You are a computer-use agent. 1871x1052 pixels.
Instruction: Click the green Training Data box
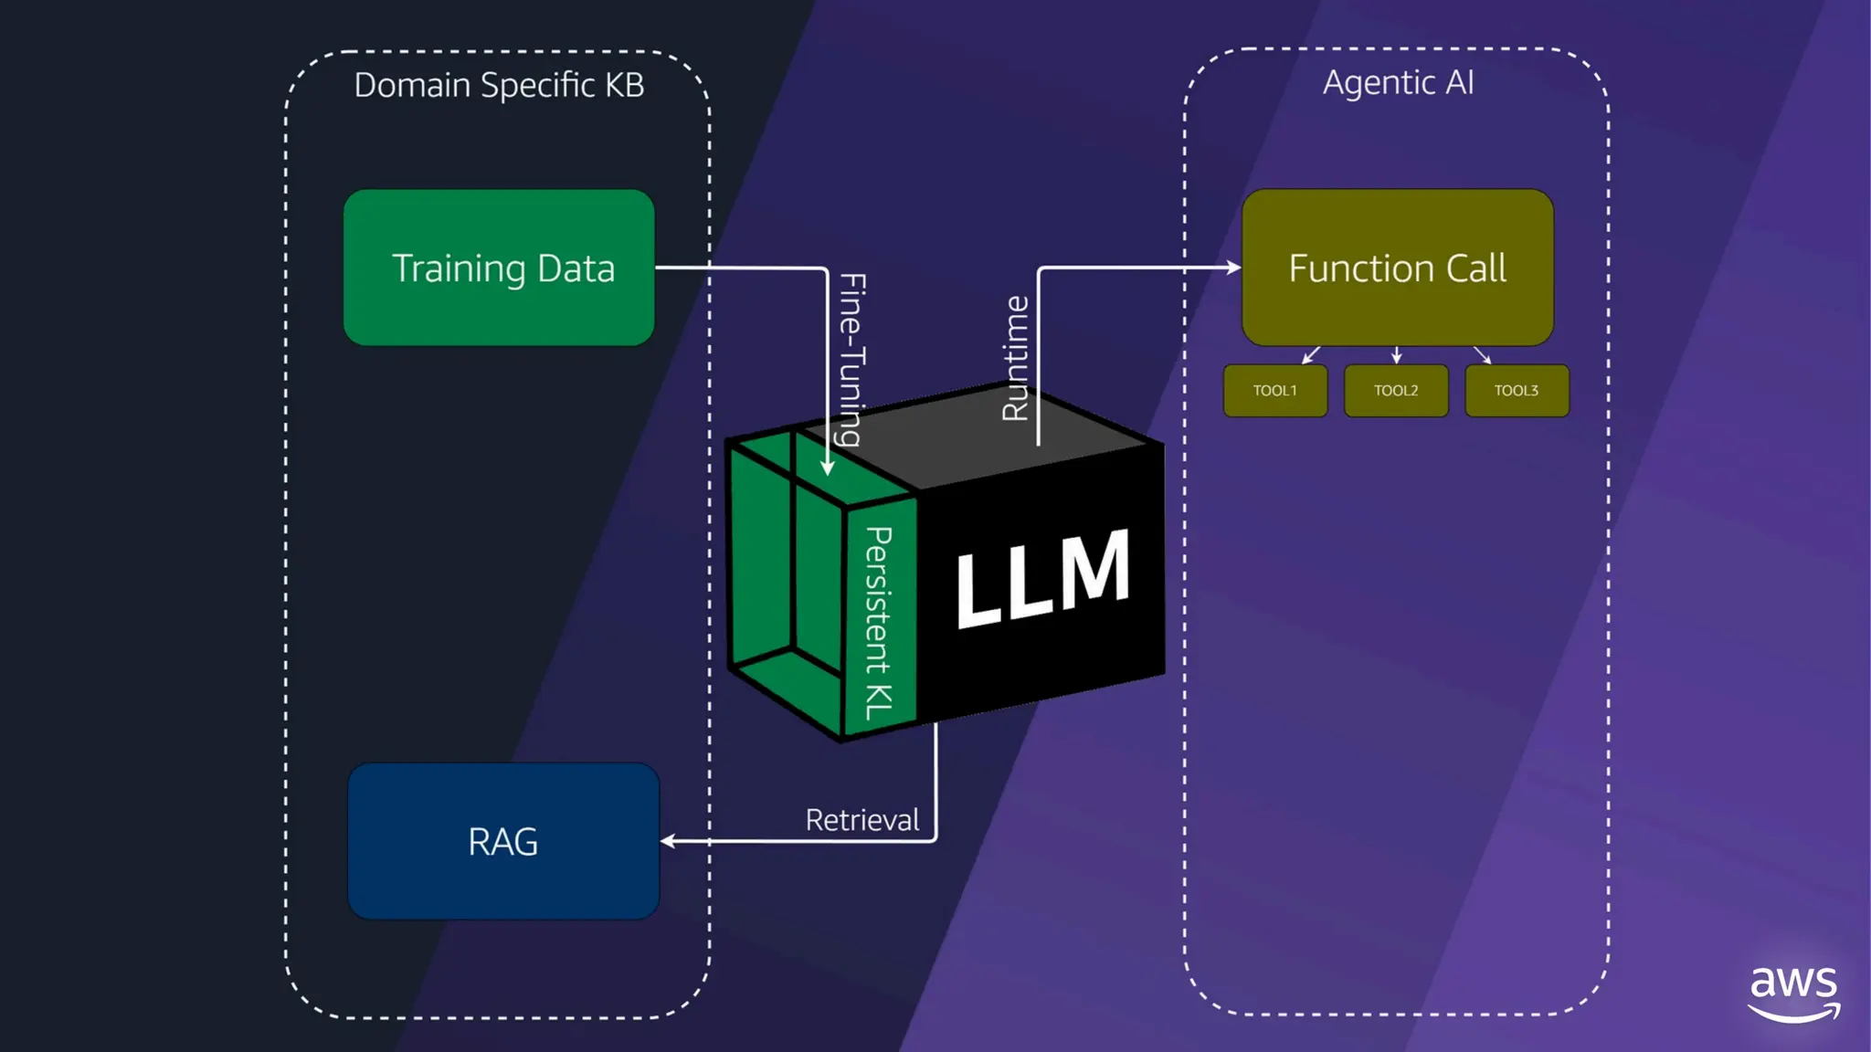499,268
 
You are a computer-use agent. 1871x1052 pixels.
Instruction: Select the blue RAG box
503,841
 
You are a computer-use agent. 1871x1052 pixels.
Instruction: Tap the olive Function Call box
1398,268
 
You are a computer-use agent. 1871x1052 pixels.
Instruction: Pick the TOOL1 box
1275,391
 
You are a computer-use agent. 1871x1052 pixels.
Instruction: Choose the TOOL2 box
1396,391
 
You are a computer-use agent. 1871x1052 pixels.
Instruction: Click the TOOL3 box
1517,391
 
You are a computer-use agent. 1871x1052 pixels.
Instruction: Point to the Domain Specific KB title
499,85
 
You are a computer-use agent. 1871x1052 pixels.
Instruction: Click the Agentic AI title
1398,83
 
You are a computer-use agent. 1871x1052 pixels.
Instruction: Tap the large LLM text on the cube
1042,578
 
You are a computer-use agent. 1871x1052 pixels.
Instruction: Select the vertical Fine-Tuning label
851,360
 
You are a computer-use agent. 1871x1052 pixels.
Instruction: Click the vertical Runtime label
1015,358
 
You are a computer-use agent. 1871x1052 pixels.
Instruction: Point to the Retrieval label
862,820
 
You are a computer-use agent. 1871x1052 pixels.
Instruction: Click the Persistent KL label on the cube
878,623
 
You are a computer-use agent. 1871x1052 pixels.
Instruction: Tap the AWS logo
1793,994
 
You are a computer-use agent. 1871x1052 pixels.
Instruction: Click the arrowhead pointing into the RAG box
667,841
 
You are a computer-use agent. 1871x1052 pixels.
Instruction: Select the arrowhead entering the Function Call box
1234,268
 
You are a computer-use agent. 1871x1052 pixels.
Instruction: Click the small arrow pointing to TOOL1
1311,355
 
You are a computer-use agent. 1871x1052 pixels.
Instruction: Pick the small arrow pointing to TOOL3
1483,355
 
